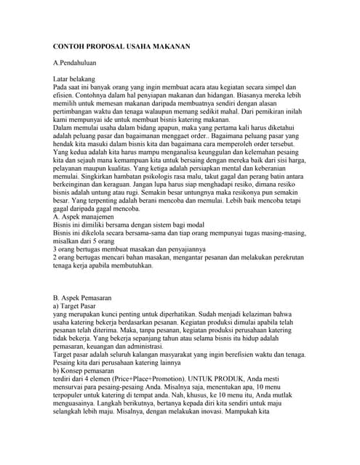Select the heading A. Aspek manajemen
88,217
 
